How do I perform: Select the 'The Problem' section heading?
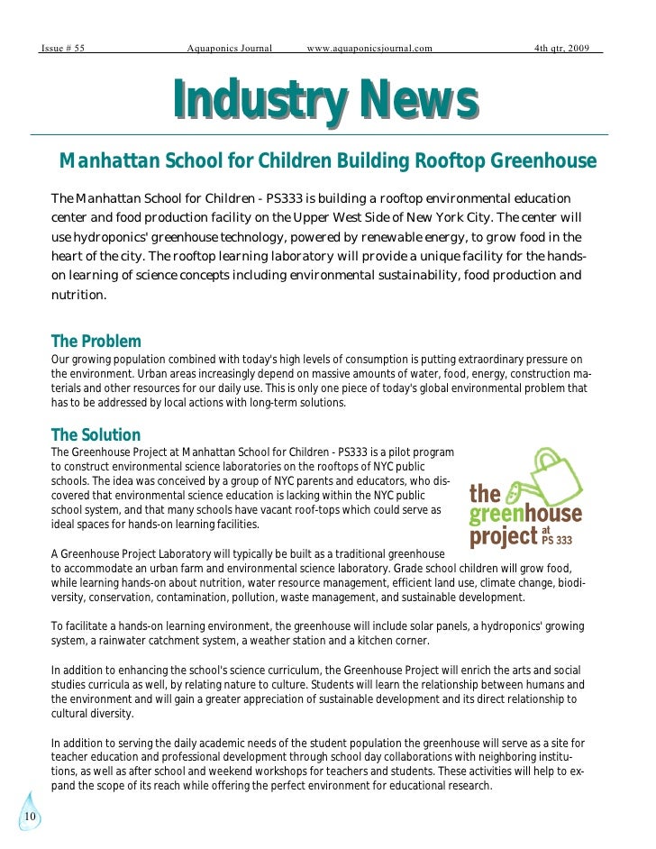[x=96, y=342]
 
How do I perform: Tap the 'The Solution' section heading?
[x=96, y=434]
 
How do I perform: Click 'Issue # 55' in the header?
[x=63, y=48]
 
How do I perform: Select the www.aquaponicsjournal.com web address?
[x=369, y=48]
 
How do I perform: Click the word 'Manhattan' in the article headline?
[x=109, y=161]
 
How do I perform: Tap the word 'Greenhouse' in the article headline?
[x=545, y=161]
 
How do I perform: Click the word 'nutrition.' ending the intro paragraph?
[x=79, y=295]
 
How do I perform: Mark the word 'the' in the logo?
[x=485, y=494]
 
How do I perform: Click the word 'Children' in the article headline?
[x=296, y=161]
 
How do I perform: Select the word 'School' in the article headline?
[x=195, y=161]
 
